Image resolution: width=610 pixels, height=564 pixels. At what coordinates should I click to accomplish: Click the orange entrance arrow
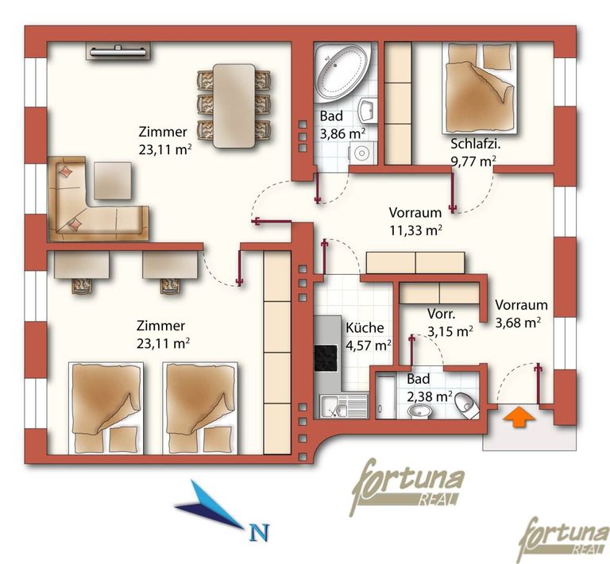(519, 417)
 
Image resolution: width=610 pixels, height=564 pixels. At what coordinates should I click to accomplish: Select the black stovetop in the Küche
(326, 358)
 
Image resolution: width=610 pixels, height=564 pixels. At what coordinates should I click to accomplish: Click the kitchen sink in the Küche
(343, 406)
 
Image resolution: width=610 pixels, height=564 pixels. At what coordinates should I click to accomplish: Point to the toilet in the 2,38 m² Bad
(466, 404)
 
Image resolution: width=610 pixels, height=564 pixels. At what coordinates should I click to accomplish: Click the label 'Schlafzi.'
(476, 144)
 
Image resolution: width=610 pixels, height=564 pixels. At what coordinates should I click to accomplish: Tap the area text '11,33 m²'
(416, 230)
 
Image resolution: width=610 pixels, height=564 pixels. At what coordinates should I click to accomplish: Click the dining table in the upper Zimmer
(234, 106)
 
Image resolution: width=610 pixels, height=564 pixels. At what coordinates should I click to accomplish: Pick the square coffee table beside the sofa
(113, 180)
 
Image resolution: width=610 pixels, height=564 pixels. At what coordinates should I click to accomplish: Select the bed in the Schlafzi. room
(480, 88)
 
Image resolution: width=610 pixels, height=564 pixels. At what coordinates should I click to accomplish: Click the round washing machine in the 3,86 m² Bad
(363, 153)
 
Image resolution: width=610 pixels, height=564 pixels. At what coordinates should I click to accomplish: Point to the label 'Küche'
(365, 327)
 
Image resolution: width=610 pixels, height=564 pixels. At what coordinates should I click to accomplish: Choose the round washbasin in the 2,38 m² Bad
(419, 411)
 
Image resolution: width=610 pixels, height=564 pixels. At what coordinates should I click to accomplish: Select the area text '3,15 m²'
(450, 331)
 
